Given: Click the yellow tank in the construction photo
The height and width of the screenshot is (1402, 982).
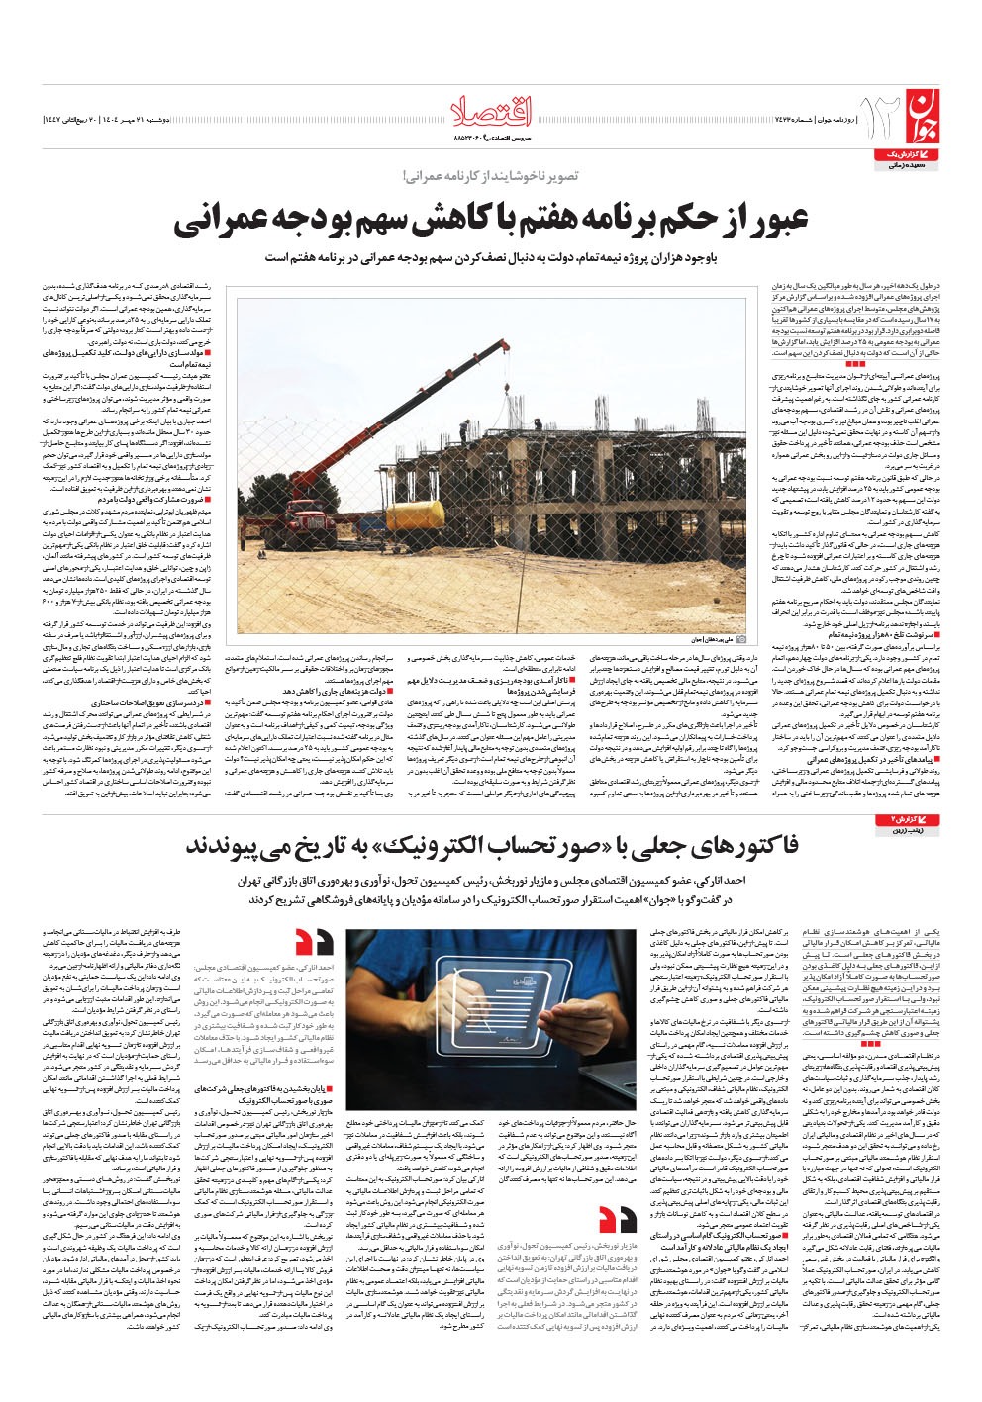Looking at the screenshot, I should pos(415,514).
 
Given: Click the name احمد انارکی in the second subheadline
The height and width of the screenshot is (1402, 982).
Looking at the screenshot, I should pos(730,880).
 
